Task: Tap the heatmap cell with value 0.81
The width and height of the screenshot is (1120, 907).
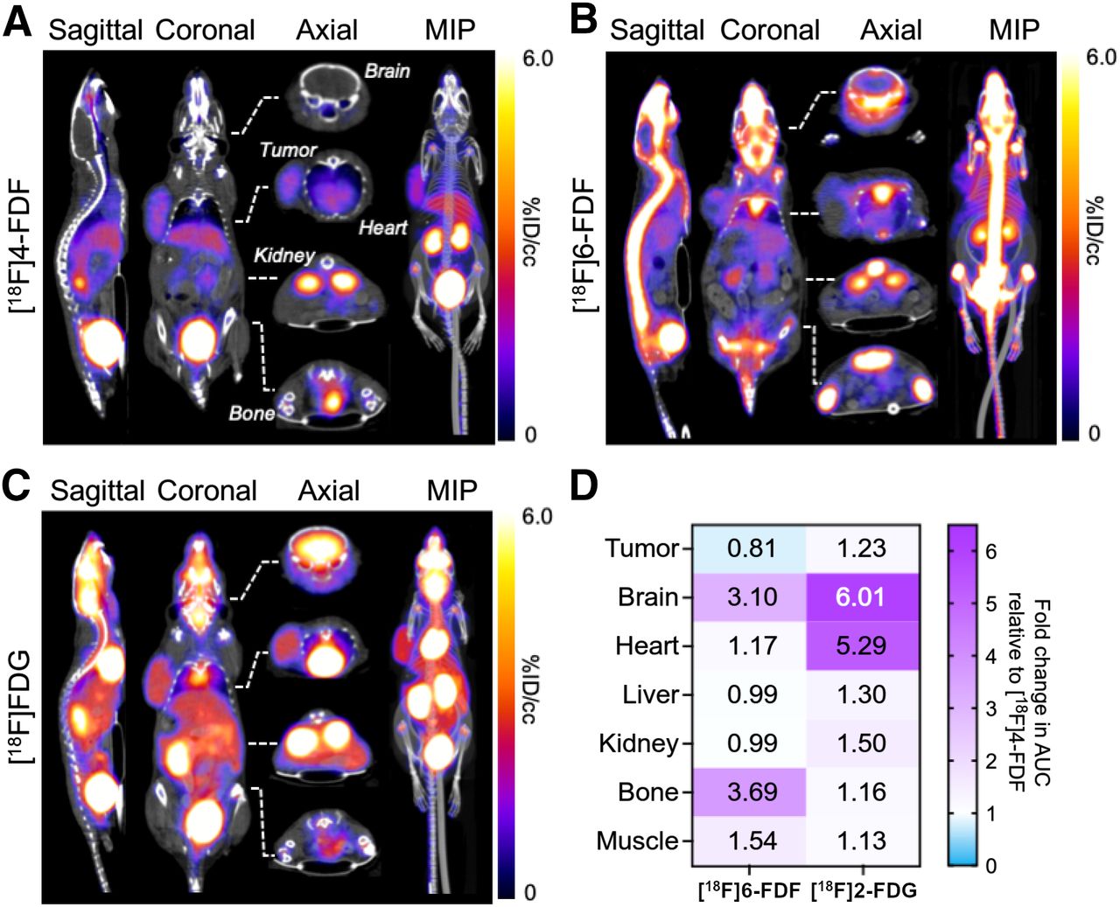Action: tap(751, 548)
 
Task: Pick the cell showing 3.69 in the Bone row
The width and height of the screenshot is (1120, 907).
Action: tap(751, 792)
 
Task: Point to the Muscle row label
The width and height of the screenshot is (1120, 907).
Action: tap(637, 841)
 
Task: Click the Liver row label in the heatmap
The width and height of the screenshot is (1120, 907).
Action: tap(650, 694)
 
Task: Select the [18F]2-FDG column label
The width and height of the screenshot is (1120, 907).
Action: tap(864, 891)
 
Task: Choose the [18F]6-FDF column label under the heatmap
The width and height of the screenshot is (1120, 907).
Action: tap(749, 891)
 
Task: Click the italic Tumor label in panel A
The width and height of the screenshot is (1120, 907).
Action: tap(287, 150)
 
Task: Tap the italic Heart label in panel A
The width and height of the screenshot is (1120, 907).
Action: tap(383, 227)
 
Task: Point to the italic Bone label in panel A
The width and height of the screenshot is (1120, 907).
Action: tap(251, 413)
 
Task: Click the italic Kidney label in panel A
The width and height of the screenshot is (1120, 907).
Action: tap(283, 255)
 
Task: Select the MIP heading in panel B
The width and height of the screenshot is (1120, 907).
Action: tap(1014, 30)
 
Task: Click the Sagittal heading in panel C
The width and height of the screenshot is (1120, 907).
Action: tap(97, 491)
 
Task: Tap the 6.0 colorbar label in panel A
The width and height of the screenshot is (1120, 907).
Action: tap(537, 59)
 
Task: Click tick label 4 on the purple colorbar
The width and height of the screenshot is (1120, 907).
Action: tap(990, 656)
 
